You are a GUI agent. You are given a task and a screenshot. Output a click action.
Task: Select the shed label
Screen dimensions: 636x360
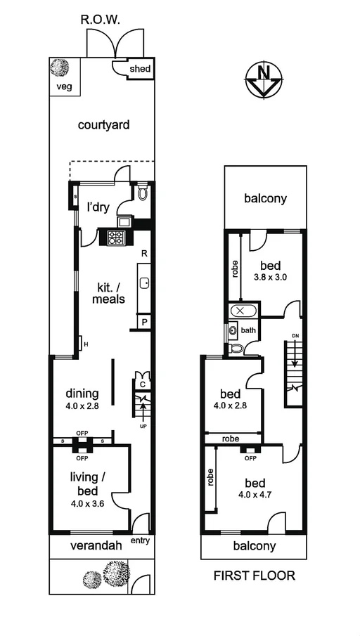(138, 69)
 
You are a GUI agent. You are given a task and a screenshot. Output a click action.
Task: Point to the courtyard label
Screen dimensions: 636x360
(103, 125)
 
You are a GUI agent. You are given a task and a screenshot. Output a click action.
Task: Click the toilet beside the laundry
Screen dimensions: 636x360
(143, 193)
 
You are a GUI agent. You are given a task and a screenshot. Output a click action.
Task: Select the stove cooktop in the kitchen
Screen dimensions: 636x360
(117, 238)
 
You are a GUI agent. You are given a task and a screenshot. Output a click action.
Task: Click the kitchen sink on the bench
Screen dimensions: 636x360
(143, 283)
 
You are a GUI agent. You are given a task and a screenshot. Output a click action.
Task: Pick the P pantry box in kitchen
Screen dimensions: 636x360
(144, 322)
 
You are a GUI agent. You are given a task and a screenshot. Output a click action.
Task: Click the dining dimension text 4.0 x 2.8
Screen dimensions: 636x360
(82, 406)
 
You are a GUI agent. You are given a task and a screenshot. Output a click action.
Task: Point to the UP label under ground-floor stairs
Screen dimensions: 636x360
(143, 427)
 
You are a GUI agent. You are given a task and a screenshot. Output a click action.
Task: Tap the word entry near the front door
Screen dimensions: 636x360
(141, 541)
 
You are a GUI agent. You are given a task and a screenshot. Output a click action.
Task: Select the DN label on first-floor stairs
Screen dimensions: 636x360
(295, 335)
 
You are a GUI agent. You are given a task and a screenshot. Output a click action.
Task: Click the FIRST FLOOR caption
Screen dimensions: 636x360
(254, 576)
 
